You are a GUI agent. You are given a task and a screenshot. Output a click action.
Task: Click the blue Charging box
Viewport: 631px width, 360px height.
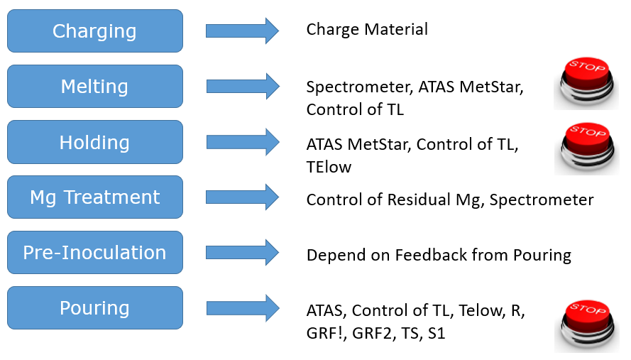(95, 31)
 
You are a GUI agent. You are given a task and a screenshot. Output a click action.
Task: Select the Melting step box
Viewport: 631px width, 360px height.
(95, 86)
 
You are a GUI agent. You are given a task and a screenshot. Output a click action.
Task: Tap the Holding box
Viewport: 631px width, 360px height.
(95, 142)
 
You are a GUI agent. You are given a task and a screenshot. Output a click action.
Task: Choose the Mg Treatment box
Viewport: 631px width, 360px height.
(95, 197)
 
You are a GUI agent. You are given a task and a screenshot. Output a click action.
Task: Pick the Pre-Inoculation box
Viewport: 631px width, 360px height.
(95, 253)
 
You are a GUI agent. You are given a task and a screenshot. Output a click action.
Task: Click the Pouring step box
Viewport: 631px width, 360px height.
(95, 308)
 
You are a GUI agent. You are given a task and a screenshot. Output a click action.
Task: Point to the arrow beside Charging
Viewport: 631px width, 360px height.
(242, 31)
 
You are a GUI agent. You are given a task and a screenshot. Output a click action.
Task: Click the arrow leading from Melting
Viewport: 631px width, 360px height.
(243, 86)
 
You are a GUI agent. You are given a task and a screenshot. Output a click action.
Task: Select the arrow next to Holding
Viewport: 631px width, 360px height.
(243, 142)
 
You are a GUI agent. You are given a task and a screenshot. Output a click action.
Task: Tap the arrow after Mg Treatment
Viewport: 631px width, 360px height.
(242, 197)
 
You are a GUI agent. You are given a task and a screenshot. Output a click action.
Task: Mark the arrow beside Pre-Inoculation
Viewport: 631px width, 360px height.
(242, 253)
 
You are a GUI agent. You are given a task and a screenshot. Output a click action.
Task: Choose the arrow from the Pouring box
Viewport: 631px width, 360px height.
(243, 308)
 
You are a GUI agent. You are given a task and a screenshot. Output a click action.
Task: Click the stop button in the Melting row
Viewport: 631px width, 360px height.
(586, 83)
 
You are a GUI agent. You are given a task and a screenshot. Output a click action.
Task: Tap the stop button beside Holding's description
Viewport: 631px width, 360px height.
(587, 148)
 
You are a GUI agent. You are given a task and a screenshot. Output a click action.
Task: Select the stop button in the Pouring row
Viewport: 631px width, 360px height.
(587, 326)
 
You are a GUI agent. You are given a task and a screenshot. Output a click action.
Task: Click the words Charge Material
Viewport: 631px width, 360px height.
(367, 29)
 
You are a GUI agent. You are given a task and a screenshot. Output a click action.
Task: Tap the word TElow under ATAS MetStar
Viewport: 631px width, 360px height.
(329, 167)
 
